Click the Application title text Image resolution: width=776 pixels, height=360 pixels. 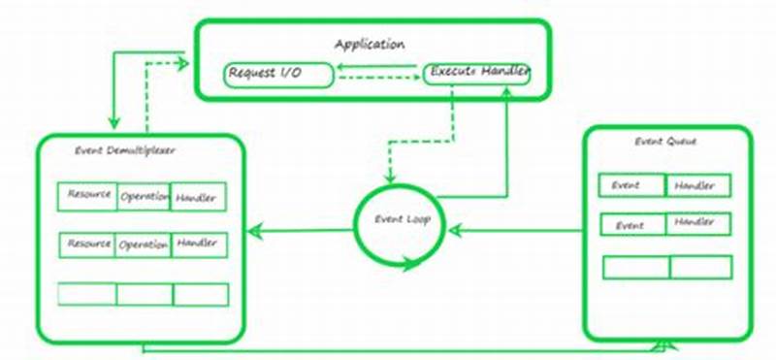click(x=370, y=44)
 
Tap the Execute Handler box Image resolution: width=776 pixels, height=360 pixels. click(x=477, y=74)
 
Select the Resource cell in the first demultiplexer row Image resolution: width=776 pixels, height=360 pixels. click(x=87, y=195)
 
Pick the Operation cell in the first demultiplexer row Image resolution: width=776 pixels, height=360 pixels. click(x=144, y=196)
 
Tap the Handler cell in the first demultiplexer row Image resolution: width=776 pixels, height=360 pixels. click(x=198, y=197)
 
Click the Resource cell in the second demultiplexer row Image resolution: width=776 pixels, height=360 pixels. click(x=87, y=245)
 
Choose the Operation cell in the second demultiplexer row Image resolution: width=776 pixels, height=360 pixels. click(x=144, y=245)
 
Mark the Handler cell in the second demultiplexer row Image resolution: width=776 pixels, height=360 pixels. click(x=198, y=244)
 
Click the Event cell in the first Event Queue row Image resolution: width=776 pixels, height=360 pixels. click(x=631, y=185)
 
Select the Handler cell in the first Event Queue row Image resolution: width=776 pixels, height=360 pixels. click(x=696, y=185)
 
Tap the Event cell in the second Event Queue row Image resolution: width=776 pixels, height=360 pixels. click(x=631, y=225)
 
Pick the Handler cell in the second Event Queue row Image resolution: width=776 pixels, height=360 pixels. click(x=696, y=224)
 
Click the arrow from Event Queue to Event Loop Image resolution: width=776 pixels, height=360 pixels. click(x=514, y=230)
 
